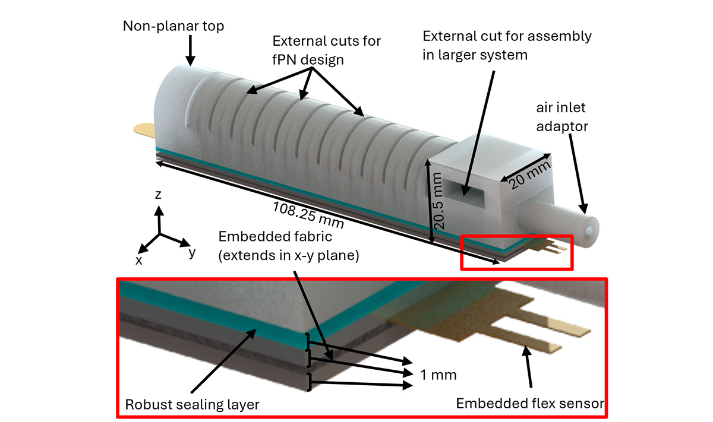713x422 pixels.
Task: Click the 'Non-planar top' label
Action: click(x=173, y=26)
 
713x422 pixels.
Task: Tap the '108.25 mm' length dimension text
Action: click(x=308, y=215)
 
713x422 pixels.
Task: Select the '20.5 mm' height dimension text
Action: click(x=438, y=201)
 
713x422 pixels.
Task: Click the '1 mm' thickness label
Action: click(x=438, y=375)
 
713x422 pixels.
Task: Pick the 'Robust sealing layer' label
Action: click(x=193, y=405)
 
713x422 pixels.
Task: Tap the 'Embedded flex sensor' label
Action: click(x=530, y=403)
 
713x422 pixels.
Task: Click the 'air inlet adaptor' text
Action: click(x=562, y=117)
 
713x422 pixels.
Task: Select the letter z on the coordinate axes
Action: click(x=158, y=194)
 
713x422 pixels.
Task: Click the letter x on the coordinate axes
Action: click(x=139, y=261)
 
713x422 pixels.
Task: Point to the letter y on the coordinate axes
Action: click(x=192, y=253)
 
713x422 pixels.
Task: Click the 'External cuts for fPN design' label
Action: click(x=326, y=50)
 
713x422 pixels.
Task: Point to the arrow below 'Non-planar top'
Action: click(x=190, y=50)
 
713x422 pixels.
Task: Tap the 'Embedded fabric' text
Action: click(x=275, y=237)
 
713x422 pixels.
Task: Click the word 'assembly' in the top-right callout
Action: click(x=560, y=37)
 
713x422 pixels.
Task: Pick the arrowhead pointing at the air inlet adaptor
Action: click(x=583, y=208)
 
